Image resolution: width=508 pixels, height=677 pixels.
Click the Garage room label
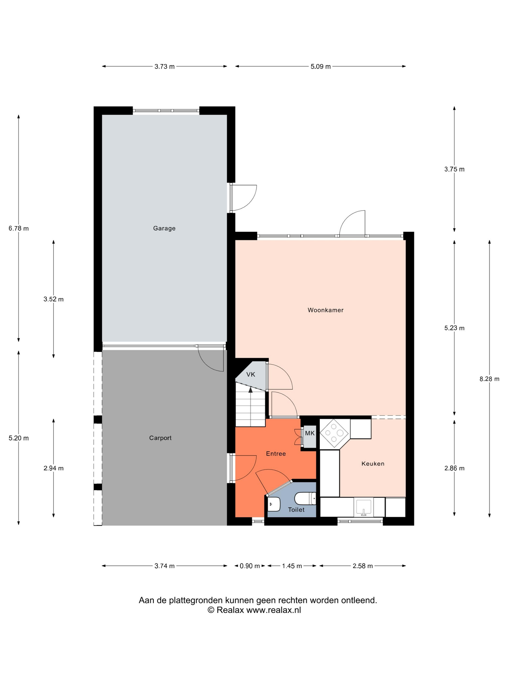click(164, 228)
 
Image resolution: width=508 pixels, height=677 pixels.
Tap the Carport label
click(160, 438)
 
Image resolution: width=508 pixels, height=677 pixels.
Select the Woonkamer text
click(326, 310)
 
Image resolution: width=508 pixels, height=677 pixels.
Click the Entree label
click(276, 454)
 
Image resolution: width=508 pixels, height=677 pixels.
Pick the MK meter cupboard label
click(310, 433)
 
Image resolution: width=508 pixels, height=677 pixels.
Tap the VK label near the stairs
click(250, 374)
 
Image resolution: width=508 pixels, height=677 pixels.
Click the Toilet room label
click(296, 510)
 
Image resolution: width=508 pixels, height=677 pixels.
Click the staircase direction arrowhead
click(250, 390)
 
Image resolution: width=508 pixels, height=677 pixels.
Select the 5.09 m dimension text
click(321, 66)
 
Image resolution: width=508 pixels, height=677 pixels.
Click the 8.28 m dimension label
click(489, 379)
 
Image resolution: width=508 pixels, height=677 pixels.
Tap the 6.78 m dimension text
click(19, 228)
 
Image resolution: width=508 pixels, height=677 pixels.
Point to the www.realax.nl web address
click(273, 618)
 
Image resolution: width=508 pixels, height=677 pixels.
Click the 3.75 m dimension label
click(454, 169)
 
